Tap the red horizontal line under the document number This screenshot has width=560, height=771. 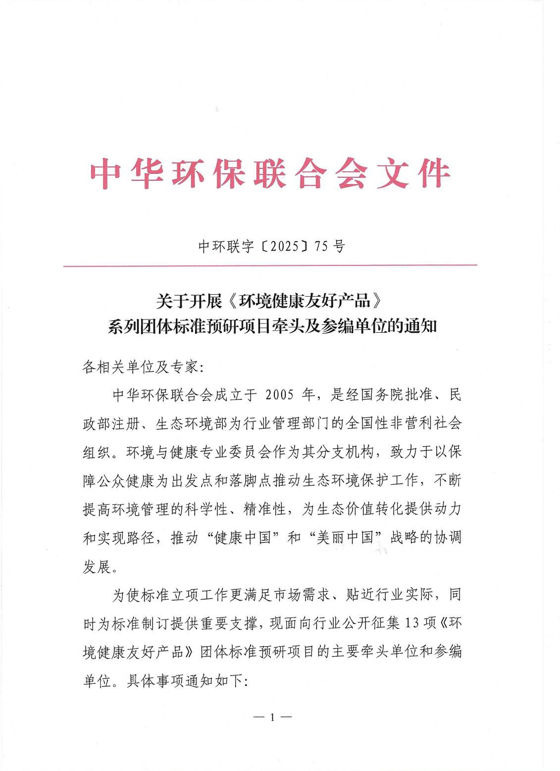click(x=270, y=265)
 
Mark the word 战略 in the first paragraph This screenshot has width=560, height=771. click(x=405, y=538)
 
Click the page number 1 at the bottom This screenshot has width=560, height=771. click(x=271, y=717)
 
